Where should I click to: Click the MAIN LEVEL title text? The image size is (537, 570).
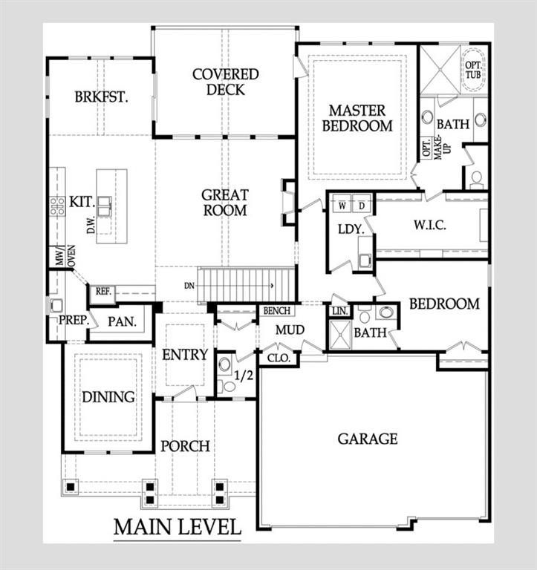coord(178,527)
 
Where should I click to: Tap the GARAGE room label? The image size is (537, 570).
coord(368,439)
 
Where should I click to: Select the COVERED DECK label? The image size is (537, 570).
coord(226,82)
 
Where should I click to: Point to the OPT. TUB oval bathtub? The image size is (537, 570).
coord(473,70)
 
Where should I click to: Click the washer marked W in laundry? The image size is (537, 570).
coord(342,206)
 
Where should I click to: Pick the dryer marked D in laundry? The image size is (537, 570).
coord(361,206)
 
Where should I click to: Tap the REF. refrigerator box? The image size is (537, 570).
coord(103,292)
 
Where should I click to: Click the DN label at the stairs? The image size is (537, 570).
coord(189,286)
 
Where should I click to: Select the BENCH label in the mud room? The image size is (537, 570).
coord(277,311)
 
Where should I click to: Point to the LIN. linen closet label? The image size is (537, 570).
coord(340,312)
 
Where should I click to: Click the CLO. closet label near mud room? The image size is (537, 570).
coord(279,358)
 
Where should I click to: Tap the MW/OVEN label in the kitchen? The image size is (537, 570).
coord(65,256)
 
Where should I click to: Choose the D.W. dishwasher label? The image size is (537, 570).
coord(91,225)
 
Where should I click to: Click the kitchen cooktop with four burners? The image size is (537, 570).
coord(57,206)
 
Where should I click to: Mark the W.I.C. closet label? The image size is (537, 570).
coord(429,225)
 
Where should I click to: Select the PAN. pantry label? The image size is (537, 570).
coord(123,321)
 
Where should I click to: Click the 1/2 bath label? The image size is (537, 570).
coord(244,375)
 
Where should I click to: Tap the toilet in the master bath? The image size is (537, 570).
coord(476,180)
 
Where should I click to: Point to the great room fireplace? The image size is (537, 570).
coord(289,202)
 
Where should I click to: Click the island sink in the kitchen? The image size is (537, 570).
coord(104,206)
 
